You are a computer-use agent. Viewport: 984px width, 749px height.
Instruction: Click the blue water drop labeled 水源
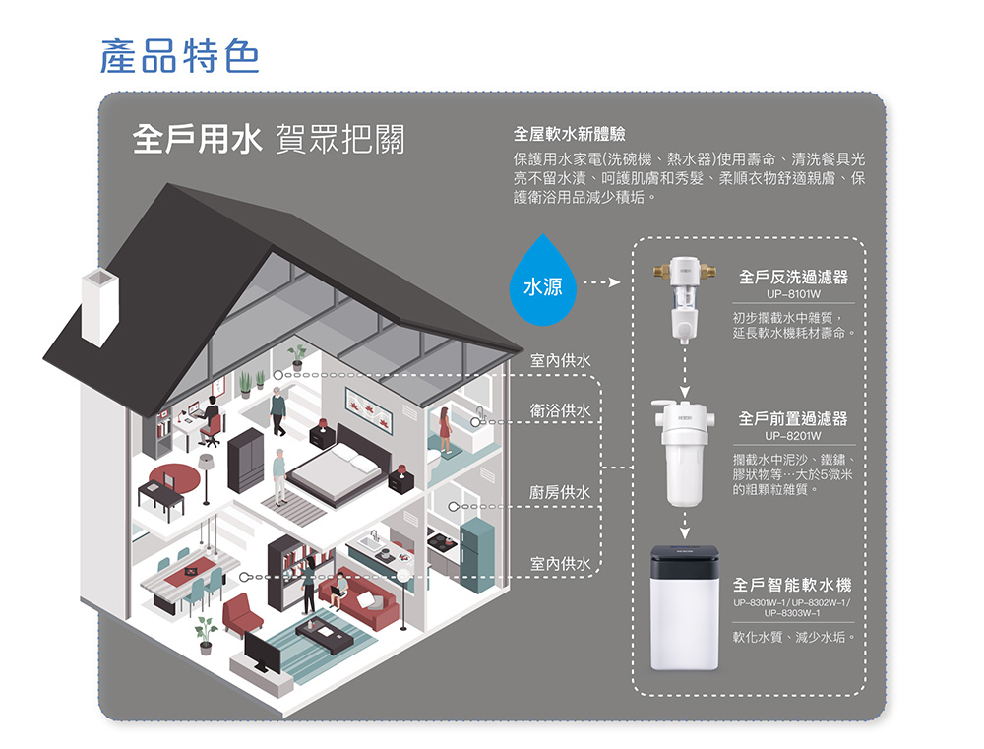(542, 282)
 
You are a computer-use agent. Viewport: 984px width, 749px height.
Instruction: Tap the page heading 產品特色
(180, 56)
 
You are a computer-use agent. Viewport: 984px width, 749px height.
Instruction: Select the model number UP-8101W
(793, 294)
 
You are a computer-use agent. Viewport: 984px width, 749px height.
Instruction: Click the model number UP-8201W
(793, 435)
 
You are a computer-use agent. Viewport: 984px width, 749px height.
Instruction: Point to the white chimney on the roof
(98, 306)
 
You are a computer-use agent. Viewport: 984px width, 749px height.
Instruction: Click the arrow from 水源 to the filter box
(601, 284)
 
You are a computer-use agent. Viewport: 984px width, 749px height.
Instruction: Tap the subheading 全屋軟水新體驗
(570, 133)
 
